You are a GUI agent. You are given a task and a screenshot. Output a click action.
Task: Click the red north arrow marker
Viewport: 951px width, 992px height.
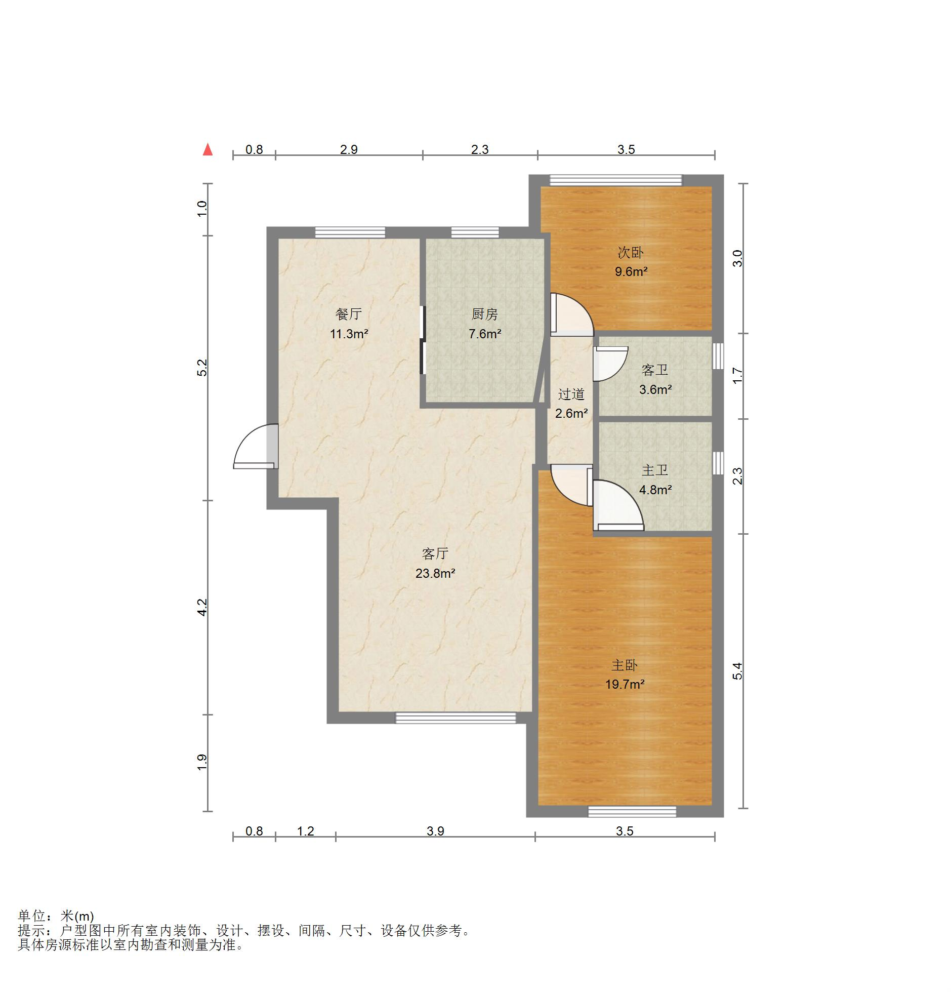point(208,149)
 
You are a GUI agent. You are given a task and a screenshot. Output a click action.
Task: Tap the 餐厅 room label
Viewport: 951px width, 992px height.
point(349,314)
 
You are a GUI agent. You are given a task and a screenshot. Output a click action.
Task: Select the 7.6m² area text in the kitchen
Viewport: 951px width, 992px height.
point(485,334)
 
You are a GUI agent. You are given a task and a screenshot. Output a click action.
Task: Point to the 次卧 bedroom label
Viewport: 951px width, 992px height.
point(631,252)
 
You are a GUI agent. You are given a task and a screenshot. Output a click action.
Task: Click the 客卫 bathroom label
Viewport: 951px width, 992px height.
point(655,370)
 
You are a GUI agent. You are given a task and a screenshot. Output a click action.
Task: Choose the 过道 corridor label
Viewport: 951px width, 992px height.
point(571,394)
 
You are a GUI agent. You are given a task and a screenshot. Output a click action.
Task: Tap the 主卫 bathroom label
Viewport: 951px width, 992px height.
point(655,470)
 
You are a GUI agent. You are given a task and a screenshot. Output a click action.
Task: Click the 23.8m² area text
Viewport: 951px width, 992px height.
point(435,574)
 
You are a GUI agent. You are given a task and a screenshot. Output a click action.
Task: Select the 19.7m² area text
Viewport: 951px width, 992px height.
point(625,685)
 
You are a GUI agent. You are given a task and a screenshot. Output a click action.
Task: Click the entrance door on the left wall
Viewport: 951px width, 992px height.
point(256,446)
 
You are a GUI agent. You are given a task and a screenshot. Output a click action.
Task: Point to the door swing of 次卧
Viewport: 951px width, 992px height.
point(572,314)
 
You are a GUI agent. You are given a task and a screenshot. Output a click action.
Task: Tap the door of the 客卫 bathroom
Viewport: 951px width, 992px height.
point(610,364)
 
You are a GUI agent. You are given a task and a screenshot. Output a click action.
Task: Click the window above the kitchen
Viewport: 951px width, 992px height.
point(475,232)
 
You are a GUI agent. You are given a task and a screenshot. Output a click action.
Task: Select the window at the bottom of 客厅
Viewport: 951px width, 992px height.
point(456,718)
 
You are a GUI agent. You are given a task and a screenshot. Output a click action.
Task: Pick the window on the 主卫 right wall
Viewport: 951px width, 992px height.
point(718,463)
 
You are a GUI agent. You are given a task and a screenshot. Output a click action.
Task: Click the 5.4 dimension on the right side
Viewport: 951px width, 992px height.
point(738,671)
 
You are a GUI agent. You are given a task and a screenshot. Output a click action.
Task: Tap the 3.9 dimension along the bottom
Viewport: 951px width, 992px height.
point(435,831)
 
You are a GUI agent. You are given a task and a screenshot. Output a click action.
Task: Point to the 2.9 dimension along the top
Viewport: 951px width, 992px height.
point(349,149)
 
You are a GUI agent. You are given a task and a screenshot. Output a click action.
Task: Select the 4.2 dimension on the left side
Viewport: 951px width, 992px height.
point(202,607)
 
